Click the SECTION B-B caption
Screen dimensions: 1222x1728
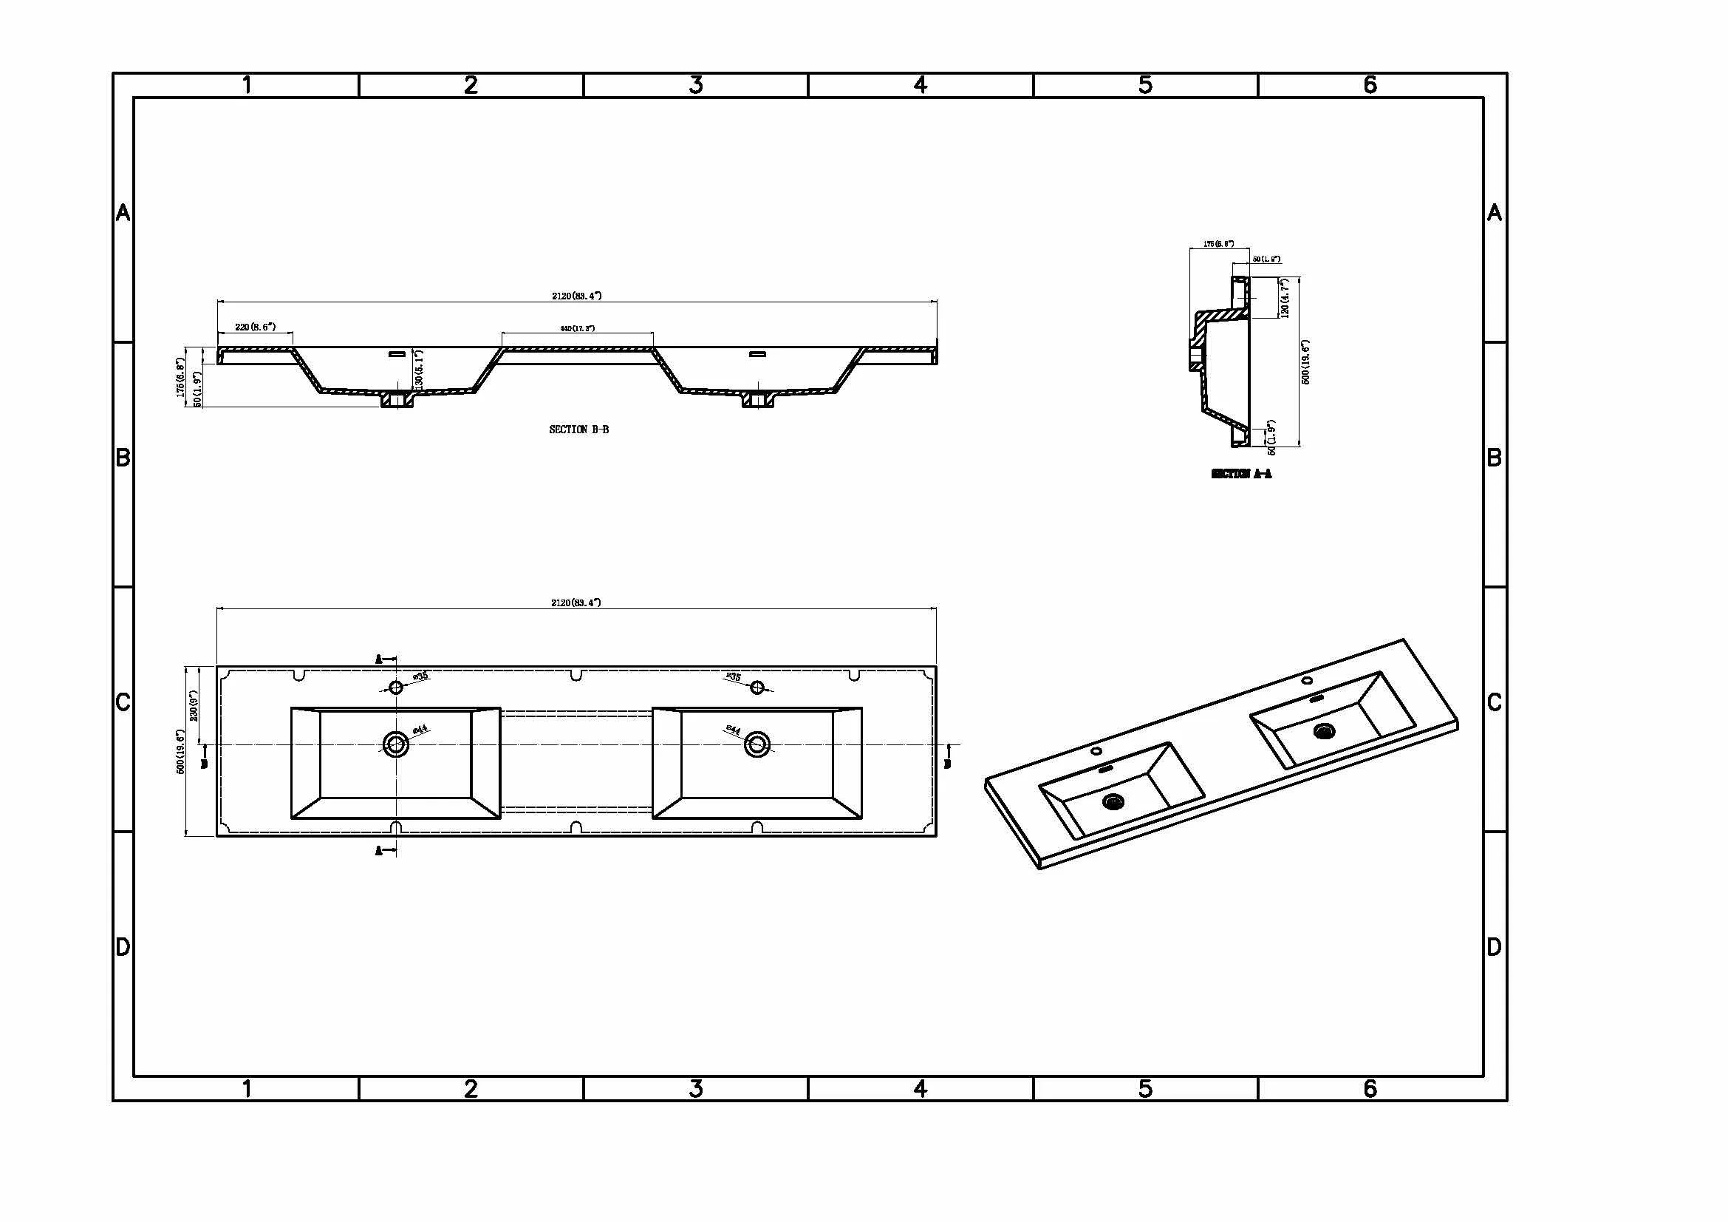coord(578,430)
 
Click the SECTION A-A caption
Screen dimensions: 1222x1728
coord(1241,474)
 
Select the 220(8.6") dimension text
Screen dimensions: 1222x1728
coord(255,327)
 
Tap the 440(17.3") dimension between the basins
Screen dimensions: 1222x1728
coord(577,328)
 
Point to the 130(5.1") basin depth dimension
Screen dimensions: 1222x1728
coord(419,369)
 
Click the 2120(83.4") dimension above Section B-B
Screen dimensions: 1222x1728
coord(576,296)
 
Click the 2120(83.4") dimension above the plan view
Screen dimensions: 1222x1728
coord(576,602)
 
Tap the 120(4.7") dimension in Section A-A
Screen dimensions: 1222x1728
coord(1285,297)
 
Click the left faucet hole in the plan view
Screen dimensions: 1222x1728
coord(396,687)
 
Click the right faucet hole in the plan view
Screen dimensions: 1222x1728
coord(757,687)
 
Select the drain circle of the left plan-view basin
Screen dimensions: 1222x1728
coord(395,744)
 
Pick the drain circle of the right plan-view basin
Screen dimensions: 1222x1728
coord(757,744)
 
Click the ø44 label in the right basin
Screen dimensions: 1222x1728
coord(732,730)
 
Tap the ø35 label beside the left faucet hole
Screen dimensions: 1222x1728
coord(420,676)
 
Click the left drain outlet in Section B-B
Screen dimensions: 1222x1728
coord(397,400)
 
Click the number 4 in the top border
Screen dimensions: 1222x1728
coord(921,85)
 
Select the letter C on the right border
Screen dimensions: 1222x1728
coord(1495,702)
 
